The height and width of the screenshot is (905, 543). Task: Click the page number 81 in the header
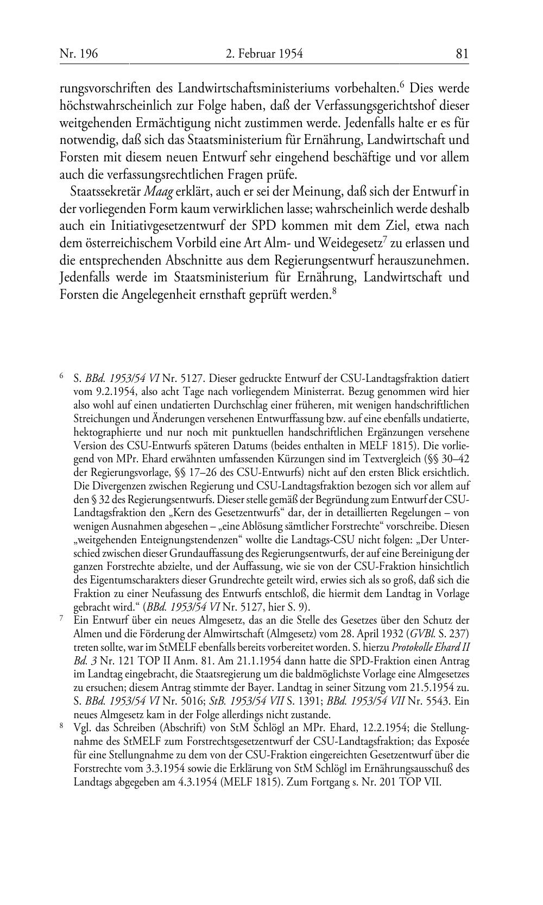click(x=462, y=53)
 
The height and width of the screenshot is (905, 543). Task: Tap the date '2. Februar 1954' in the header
click(x=263, y=53)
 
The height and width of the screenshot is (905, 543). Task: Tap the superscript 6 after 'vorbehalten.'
click(x=402, y=84)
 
